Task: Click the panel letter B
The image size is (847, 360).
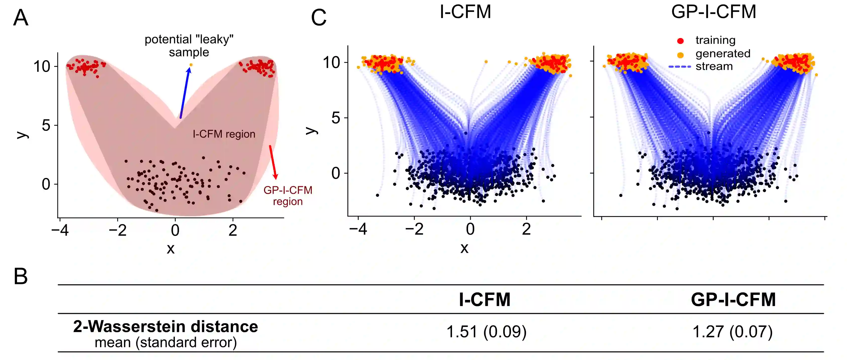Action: [20, 277]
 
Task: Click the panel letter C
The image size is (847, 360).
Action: [318, 18]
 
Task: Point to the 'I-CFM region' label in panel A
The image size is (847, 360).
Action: [224, 134]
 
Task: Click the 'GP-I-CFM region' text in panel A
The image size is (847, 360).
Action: [288, 196]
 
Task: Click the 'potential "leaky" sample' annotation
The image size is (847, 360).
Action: [189, 46]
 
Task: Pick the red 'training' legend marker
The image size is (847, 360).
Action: [680, 41]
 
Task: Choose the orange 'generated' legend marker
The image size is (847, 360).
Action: [680, 55]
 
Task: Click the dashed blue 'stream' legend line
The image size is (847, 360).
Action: [680, 67]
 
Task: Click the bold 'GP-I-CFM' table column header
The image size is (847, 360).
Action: [733, 300]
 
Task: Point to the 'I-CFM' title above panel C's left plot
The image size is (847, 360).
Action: [465, 12]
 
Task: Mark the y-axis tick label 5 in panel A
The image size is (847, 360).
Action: [46, 126]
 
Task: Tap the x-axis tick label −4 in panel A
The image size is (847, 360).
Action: [60, 230]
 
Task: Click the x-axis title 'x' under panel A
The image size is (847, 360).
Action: [170, 248]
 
